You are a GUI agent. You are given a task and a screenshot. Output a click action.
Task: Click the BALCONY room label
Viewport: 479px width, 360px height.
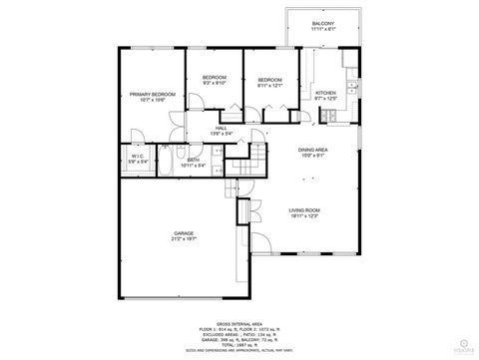point(322,23)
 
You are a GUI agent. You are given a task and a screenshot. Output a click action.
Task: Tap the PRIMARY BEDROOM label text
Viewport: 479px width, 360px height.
point(153,95)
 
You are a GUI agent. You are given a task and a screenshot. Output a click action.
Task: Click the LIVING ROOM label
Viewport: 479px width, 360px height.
point(303,209)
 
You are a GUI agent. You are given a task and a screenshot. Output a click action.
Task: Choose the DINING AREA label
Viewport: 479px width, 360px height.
point(314,150)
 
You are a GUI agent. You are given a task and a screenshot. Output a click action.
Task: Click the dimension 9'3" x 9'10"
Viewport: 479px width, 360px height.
point(215,84)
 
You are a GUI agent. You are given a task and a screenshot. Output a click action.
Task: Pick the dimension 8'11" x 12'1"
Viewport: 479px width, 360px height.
point(270,86)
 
